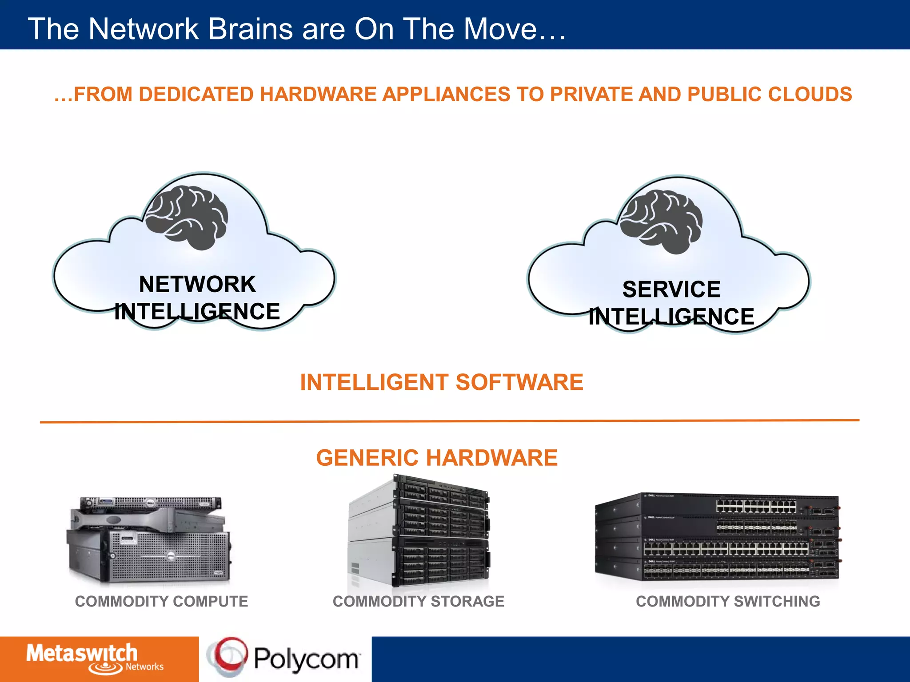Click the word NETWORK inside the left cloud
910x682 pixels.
[197, 284]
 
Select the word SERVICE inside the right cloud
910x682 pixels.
[671, 289]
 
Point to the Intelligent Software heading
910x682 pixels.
[442, 382]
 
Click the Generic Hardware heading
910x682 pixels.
[437, 458]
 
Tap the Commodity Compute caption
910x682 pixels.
[161, 601]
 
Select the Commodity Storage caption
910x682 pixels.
[419, 601]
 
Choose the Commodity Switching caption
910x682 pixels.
[728, 601]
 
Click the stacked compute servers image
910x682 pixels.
[149, 539]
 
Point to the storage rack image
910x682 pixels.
[419, 531]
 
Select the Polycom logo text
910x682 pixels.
[307, 659]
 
